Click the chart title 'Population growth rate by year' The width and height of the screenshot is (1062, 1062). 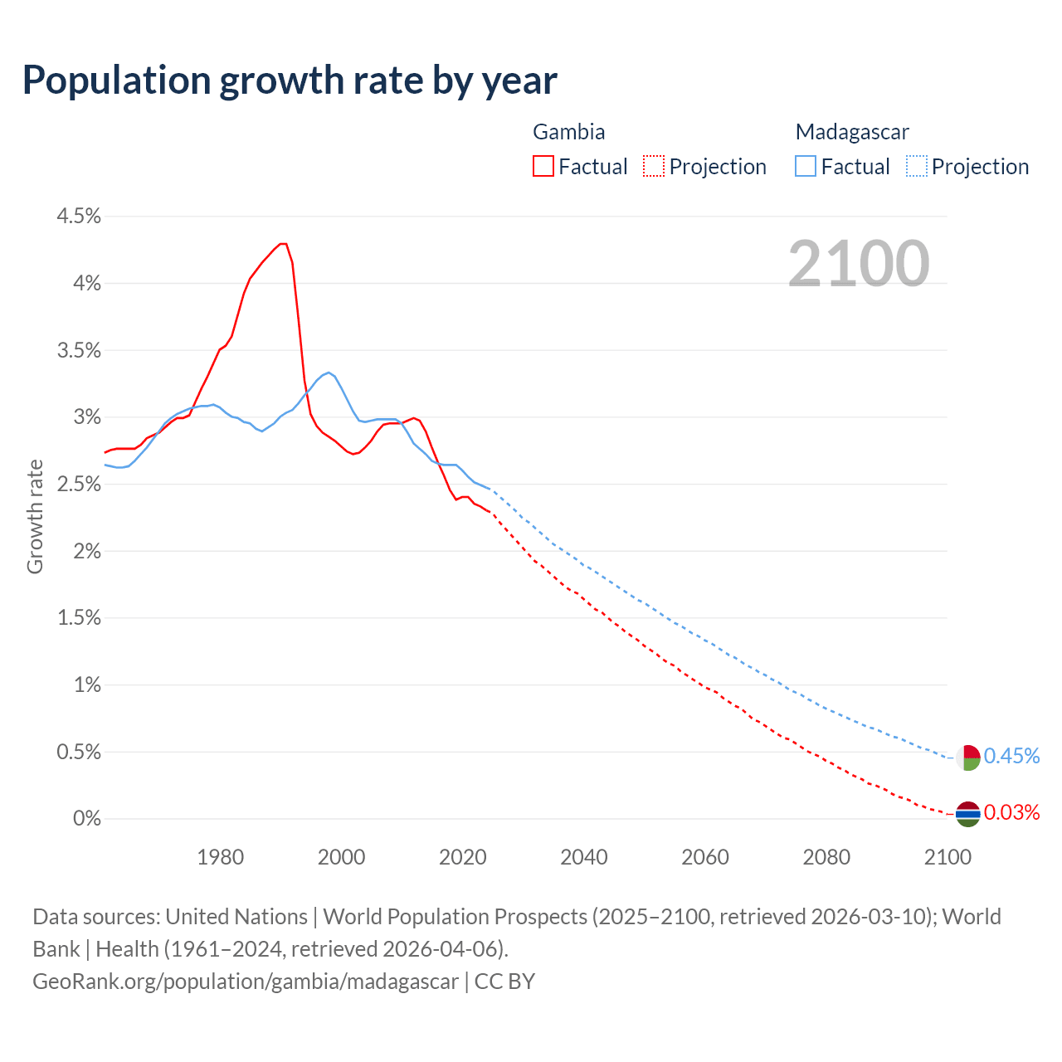click(x=290, y=80)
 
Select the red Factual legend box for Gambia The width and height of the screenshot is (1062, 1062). click(x=543, y=167)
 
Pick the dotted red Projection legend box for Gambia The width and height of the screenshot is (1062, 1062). click(x=654, y=167)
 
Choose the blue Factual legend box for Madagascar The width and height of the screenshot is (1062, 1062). click(x=806, y=167)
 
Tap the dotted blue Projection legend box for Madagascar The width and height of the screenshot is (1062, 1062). click(x=916, y=167)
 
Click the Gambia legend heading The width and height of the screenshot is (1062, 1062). click(x=568, y=132)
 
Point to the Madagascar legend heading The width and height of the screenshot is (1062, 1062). click(x=852, y=132)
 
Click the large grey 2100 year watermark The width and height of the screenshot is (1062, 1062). click(x=859, y=263)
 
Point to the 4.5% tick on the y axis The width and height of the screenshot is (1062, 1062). click(x=79, y=217)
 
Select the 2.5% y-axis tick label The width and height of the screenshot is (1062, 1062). click(x=79, y=485)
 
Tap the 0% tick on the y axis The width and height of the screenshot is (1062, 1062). click(x=86, y=819)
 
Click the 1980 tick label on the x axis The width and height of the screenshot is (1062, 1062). click(x=221, y=857)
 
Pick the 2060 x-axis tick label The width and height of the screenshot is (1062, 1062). click(x=705, y=857)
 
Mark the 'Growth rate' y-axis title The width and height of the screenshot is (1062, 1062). click(x=35, y=516)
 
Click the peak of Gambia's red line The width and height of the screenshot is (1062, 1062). click(x=283, y=243)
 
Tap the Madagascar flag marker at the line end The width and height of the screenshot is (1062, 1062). click(x=967, y=758)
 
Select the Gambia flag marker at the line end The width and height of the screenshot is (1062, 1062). click(x=967, y=815)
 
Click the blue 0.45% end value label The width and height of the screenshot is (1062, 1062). click(x=1011, y=756)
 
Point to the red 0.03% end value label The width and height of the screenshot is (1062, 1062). click(x=1011, y=812)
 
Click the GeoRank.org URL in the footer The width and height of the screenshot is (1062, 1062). click(x=246, y=982)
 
